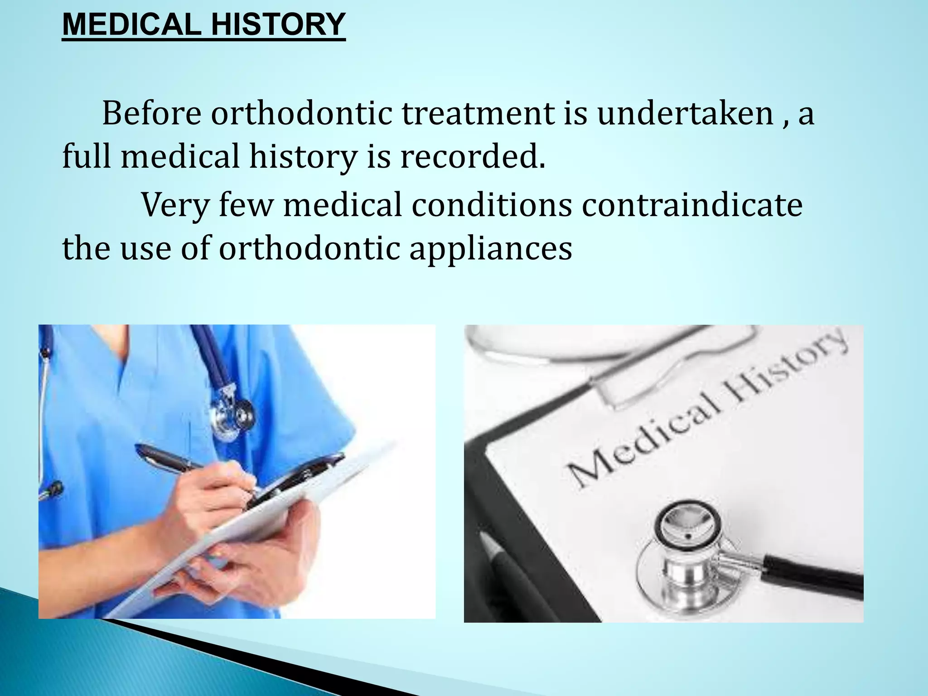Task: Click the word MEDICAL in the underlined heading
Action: coord(131,24)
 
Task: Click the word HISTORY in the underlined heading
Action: coord(278,24)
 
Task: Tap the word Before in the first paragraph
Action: coord(151,113)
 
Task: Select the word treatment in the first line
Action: coord(478,113)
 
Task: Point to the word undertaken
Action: coord(685,113)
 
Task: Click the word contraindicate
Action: coord(692,205)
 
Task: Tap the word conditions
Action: coord(492,205)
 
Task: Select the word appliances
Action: coord(490,249)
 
